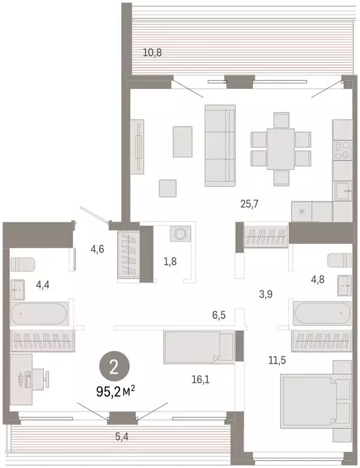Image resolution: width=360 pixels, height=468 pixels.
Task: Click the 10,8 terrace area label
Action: pyautogui.click(x=152, y=52)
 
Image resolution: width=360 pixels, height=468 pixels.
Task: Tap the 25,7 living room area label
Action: pyautogui.click(x=249, y=204)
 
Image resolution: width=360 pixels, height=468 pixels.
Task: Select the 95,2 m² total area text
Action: pyautogui.click(x=116, y=392)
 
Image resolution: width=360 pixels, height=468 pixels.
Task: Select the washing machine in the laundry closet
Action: pyautogui.click(x=181, y=235)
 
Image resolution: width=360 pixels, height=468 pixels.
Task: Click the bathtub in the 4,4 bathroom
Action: pyautogui.click(x=40, y=314)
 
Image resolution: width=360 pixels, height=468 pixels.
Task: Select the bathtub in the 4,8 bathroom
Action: pyautogui.click(x=322, y=314)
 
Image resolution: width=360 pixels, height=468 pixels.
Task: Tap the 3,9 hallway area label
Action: pyautogui.click(x=265, y=294)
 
